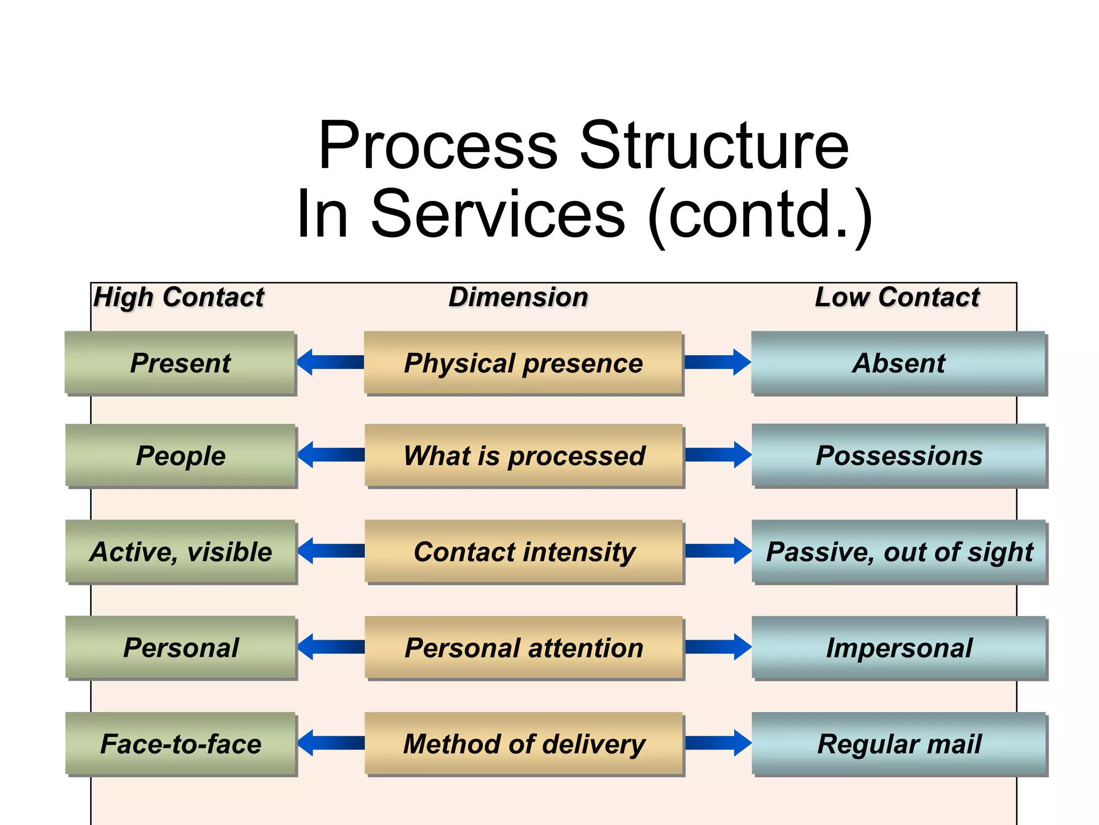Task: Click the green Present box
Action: (x=180, y=363)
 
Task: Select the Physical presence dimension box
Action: (x=523, y=363)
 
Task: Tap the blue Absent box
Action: (x=899, y=363)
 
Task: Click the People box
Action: (x=180, y=456)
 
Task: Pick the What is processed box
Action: (x=524, y=456)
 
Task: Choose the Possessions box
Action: (x=899, y=456)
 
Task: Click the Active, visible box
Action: (x=180, y=552)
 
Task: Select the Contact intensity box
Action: (x=524, y=552)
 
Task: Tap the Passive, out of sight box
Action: (x=899, y=552)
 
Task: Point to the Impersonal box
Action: (x=899, y=648)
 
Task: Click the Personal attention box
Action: (x=524, y=648)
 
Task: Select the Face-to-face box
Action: (x=180, y=744)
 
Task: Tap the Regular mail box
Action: (x=899, y=744)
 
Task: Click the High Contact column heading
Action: (x=179, y=297)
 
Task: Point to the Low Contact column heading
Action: (x=897, y=297)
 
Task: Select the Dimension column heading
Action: (x=518, y=297)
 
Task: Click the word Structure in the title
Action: (x=715, y=146)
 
